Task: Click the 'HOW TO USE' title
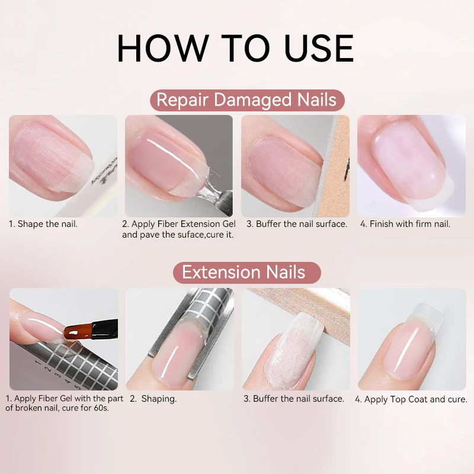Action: [x=236, y=48]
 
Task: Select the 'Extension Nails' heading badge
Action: [x=244, y=273]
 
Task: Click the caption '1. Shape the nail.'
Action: [x=43, y=224]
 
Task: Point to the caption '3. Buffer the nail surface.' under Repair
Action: [x=296, y=224]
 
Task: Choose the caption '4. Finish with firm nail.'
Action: [x=405, y=224]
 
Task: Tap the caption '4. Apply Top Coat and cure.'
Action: [x=411, y=399]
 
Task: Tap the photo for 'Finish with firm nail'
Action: [x=411, y=166]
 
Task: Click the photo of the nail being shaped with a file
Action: [x=63, y=166]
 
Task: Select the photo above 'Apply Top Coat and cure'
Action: [x=411, y=339]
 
